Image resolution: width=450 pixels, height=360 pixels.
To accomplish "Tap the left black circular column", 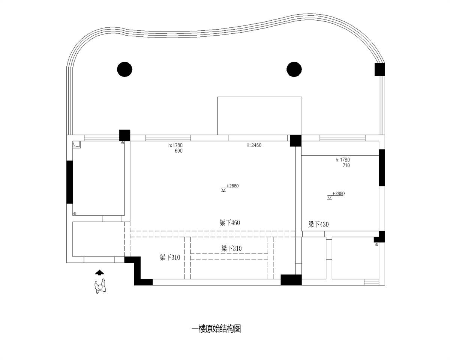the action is coord(124,69).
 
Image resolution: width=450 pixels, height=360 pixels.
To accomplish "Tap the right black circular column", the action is coord(294,69).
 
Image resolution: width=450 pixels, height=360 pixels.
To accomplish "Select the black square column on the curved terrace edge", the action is coord(379,69).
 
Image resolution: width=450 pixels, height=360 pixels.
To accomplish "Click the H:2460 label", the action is coord(254,145).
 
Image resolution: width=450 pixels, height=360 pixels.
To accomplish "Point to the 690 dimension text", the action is coord(178,151).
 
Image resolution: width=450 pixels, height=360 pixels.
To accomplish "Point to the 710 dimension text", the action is coord(346,165).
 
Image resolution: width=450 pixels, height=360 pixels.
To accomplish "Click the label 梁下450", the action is coord(229,223).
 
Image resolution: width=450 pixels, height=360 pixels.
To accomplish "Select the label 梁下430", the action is coord(318,225).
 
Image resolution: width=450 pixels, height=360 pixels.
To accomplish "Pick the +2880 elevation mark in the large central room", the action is coord(230,188).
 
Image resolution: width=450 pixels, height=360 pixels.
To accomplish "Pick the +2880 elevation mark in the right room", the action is coord(336,195).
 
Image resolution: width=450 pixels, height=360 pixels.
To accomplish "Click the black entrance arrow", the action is coord(99,272).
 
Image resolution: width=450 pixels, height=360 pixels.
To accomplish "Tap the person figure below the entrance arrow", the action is coord(100,286).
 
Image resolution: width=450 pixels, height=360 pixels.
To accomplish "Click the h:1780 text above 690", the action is coord(175,145).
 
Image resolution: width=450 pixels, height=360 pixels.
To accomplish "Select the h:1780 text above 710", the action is coord(343,160).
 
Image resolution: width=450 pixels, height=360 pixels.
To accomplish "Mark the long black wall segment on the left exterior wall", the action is coord(70,182).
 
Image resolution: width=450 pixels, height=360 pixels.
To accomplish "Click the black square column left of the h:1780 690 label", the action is coord(124,135).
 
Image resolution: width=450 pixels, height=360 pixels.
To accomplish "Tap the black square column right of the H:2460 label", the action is coord(295,141).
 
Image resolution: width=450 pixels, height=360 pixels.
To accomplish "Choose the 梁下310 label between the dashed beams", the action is coord(231,249).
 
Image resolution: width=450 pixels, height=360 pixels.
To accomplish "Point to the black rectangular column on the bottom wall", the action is coord(291,280).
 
